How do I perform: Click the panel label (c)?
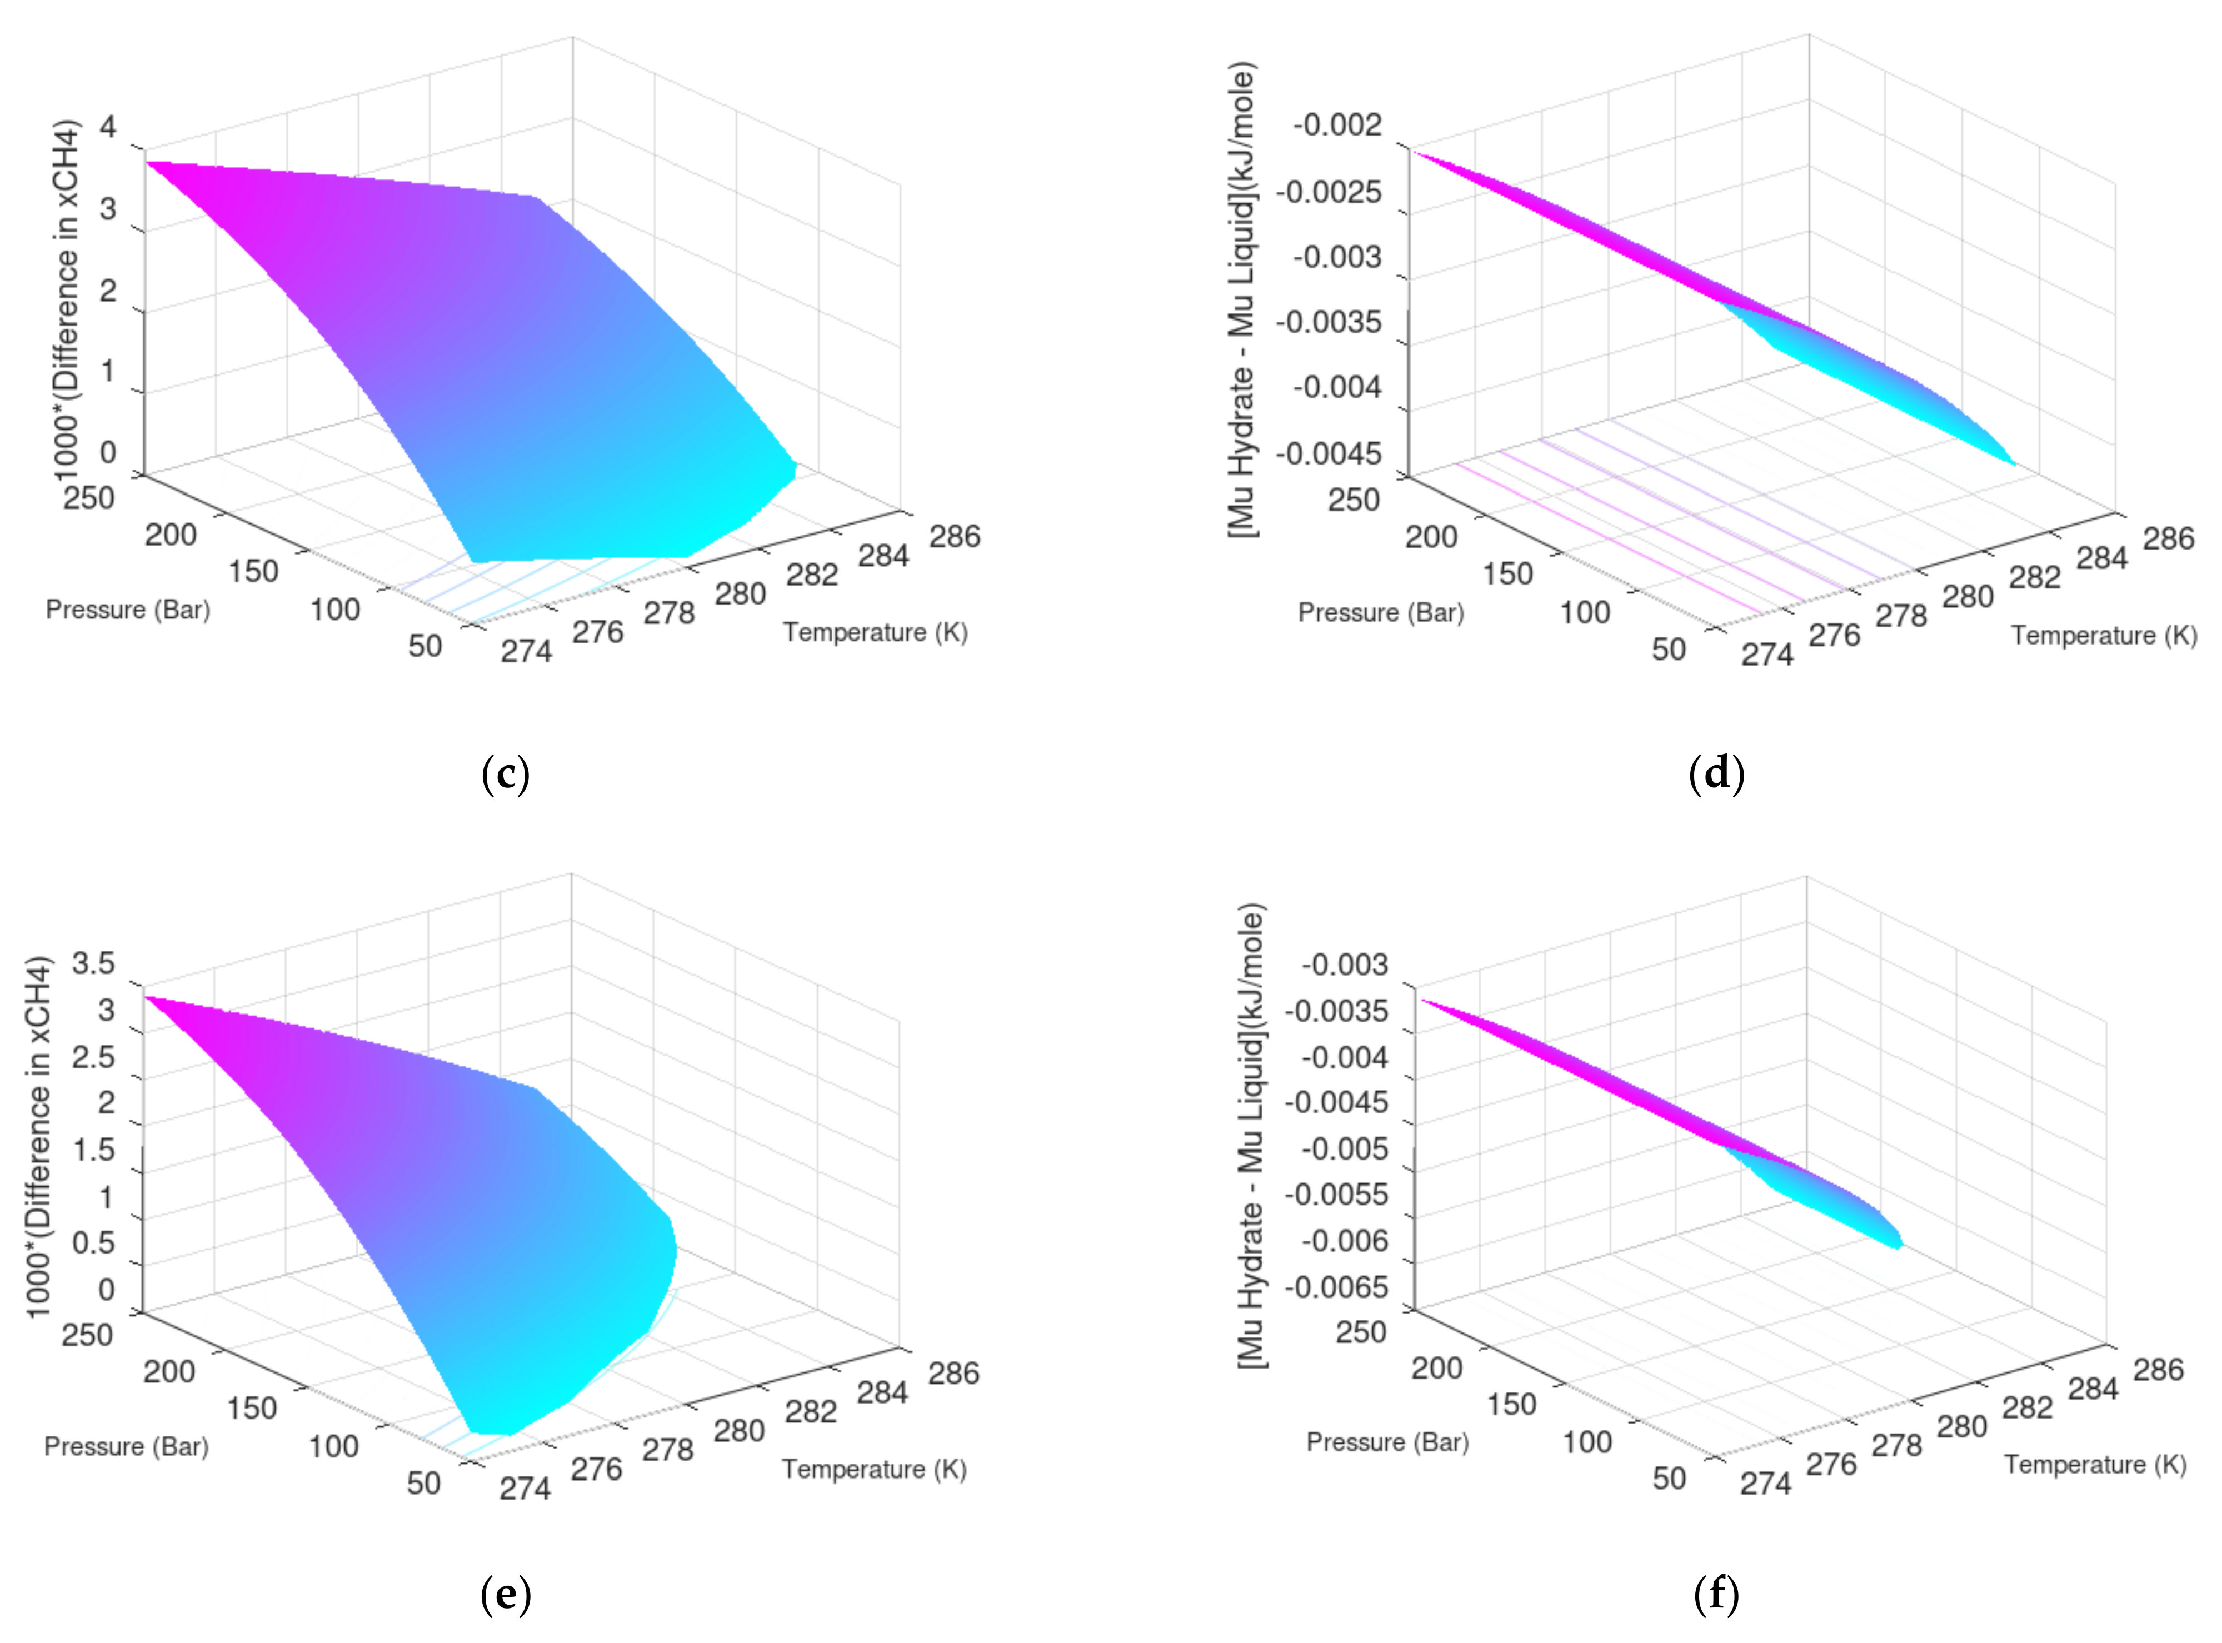pyautogui.click(x=505, y=774)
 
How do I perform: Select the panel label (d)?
pyautogui.click(x=1717, y=774)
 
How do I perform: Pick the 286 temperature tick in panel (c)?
pyautogui.click(x=955, y=536)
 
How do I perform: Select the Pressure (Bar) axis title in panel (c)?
pyautogui.click(x=128, y=610)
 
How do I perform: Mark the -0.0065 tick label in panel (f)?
pyautogui.click(x=1336, y=1287)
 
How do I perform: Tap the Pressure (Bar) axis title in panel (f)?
pyautogui.click(x=1387, y=1442)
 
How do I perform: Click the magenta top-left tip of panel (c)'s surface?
pyautogui.click(x=149, y=163)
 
